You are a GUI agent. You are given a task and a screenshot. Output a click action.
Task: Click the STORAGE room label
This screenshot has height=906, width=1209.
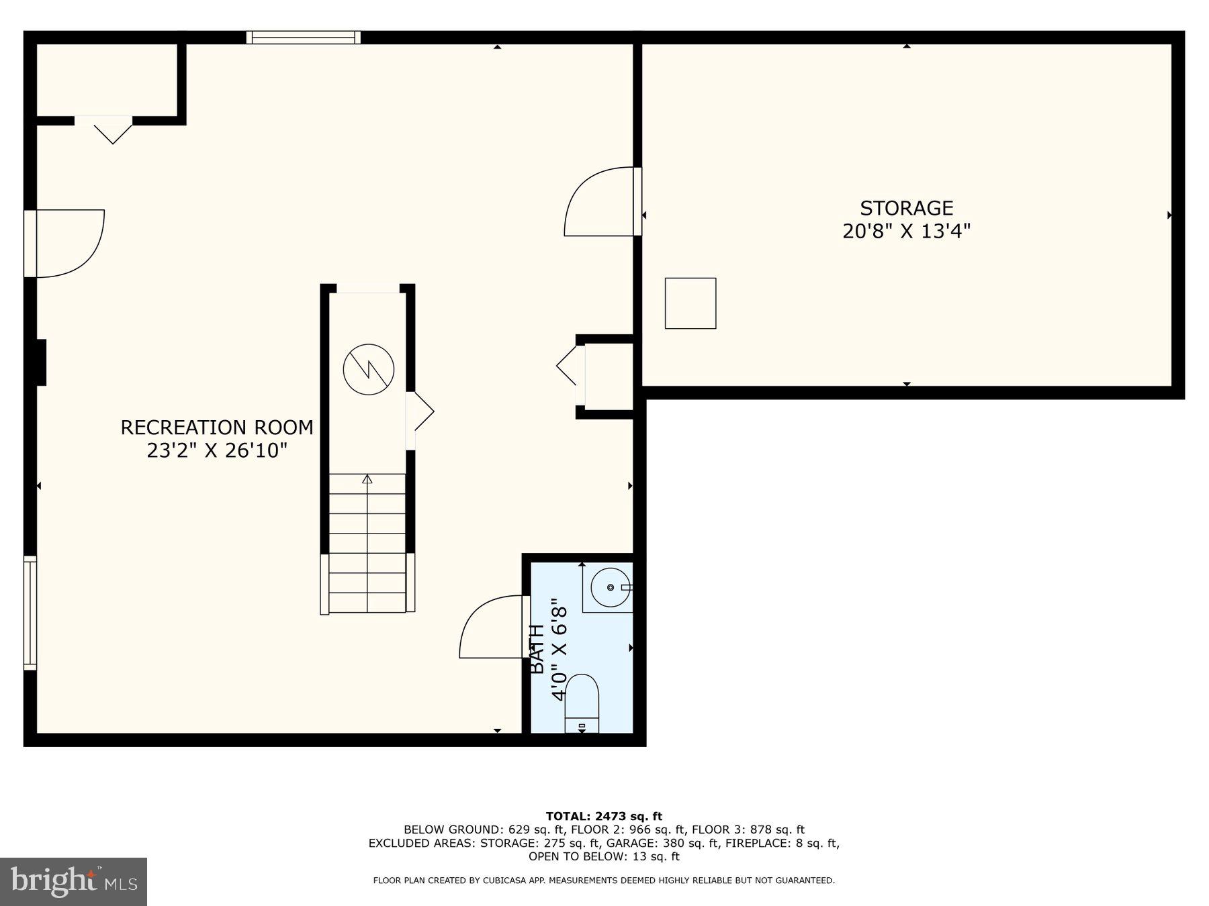tap(906, 208)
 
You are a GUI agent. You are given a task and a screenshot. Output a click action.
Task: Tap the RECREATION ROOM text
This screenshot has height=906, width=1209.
tap(216, 427)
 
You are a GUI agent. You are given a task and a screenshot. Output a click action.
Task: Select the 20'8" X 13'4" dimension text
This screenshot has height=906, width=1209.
tap(906, 232)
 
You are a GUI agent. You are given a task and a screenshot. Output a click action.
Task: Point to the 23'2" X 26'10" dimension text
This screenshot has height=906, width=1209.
tap(216, 450)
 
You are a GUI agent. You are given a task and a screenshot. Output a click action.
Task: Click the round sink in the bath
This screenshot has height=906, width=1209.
tap(611, 587)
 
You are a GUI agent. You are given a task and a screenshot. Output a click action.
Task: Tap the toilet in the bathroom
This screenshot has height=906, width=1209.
tap(582, 701)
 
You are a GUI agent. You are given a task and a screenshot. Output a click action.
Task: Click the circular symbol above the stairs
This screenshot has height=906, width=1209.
tap(368, 369)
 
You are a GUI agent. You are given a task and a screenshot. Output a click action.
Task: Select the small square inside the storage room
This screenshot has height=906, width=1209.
tap(690, 303)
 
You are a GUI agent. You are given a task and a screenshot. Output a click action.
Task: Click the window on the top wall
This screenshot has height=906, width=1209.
tap(303, 37)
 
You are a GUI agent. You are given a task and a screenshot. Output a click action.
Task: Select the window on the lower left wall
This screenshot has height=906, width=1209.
tap(30, 612)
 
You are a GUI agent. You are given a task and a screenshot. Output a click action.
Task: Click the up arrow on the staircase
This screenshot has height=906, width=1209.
tap(367, 479)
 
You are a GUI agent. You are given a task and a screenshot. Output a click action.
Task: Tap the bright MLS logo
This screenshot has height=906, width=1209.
tap(73, 881)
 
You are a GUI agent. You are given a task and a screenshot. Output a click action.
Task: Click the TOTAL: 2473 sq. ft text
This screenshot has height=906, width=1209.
tap(604, 816)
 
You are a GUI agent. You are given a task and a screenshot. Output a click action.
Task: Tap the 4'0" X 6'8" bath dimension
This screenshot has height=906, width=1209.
tap(559, 653)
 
